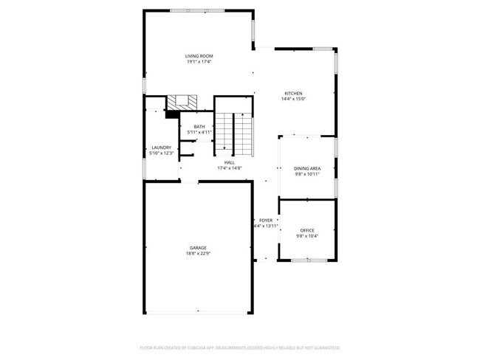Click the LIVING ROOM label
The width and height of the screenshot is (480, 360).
coord(199,56)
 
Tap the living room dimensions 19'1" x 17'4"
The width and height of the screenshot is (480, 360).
coord(199,61)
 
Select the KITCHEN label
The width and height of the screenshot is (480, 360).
coord(293,93)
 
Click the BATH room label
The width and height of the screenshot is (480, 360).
coord(199,127)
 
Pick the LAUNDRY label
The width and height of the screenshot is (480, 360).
coord(162,148)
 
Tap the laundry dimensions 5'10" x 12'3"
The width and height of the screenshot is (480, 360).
coord(162,153)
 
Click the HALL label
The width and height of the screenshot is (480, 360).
coord(229,163)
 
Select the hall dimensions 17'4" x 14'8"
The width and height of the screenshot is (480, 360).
coord(229,168)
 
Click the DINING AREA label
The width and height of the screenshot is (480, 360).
coord(306,168)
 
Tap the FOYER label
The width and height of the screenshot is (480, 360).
coord(266,221)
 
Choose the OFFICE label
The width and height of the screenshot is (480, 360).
coord(307,231)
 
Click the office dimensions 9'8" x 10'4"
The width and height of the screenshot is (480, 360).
coord(307,236)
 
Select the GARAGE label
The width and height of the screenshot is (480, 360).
coord(198,248)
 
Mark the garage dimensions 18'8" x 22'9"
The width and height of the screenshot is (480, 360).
coord(198,253)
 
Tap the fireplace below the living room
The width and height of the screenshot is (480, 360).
coord(180,103)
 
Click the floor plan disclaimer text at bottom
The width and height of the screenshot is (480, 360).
coord(239,347)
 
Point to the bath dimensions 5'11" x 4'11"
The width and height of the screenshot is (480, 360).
coord(199,132)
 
